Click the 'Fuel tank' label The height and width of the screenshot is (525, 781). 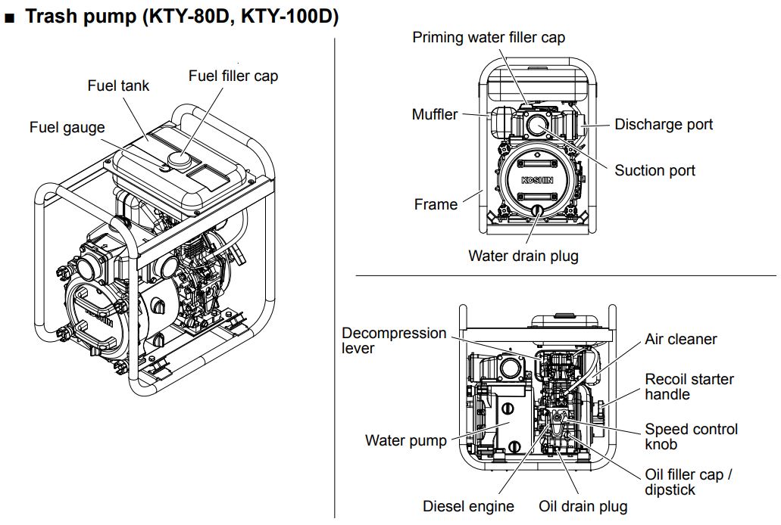click(x=118, y=85)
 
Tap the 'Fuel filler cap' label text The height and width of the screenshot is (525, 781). click(x=233, y=76)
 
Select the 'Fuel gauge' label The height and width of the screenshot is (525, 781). click(x=67, y=127)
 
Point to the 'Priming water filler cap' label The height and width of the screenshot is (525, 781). click(x=489, y=37)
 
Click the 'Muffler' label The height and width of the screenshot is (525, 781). click(x=435, y=114)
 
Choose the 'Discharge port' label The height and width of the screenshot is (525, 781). click(x=664, y=124)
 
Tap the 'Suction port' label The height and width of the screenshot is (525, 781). click(x=654, y=170)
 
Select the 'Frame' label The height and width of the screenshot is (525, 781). click(x=436, y=204)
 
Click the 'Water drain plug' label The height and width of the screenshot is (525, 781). click(x=523, y=256)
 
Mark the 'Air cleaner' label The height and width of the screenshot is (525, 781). click(x=681, y=340)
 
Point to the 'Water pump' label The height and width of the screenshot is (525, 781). click(x=406, y=440)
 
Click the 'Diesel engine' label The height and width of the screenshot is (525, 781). click(x=468, y=506)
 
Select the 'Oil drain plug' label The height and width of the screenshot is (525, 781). click(x=583, y=506)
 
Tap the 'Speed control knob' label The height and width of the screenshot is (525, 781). click(x=691, y=436)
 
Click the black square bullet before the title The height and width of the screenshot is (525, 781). click(x=11, y=17)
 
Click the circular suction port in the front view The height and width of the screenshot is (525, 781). click(x=536, y=125)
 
